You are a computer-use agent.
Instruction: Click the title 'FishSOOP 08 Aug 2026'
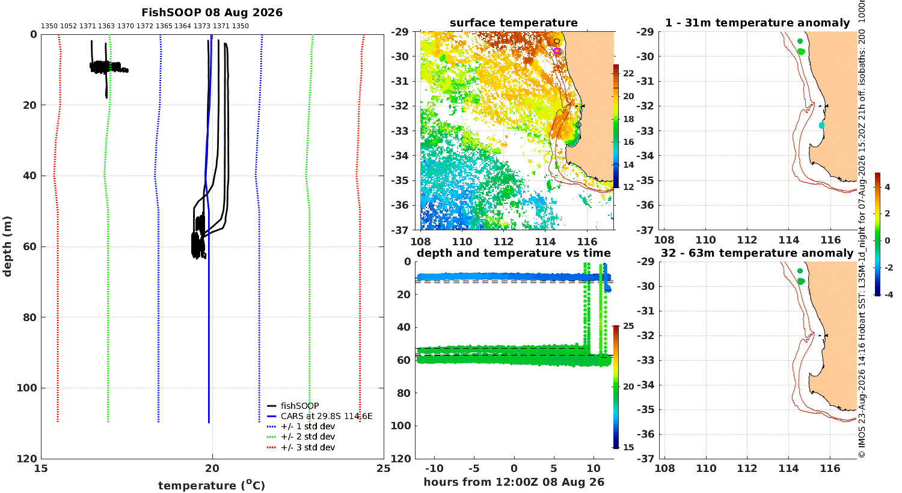[212, 13]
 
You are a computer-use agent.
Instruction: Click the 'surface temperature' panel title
[514, 23]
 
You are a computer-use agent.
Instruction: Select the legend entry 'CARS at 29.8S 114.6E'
[327, 416]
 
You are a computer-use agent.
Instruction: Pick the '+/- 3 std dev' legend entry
[308, 447]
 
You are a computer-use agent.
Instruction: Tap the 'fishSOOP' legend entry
[299, 406]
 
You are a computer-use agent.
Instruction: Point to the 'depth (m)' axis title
[7, 246]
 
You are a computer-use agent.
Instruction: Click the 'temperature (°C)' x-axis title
[212, 485]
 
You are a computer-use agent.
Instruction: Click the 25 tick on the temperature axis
[384, 468]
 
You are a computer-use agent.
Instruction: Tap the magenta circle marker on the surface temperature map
[556, 51]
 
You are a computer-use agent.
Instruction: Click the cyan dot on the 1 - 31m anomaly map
[821, 126]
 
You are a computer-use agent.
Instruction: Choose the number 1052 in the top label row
[69, 26]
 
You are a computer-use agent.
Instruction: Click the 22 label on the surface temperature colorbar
[628, 73]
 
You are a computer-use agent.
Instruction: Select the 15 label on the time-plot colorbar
[628, 447]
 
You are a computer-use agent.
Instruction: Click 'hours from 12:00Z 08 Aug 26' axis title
[514, 482]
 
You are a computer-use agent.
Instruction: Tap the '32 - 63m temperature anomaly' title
[757, 253]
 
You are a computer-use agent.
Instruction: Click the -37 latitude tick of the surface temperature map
[399, 230]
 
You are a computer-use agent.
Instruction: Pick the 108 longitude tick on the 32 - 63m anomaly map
[664, 468]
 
